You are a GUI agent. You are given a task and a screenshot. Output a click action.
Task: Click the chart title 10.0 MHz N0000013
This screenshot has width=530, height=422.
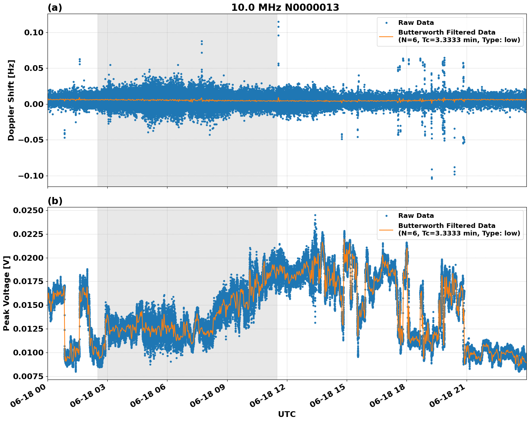click(x=285, y=8)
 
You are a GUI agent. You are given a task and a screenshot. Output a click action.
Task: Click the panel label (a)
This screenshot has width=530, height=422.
click(x=55, y=8)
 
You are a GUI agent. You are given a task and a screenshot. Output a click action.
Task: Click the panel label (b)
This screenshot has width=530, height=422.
click(x=55, y=201)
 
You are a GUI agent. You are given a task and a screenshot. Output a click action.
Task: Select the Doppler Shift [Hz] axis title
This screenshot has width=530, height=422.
click(x=11, y=100)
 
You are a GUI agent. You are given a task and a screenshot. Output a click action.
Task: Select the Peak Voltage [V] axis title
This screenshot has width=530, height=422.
click(x=6, y=293)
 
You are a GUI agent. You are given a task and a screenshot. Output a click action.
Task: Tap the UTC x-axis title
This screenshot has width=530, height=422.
click(x=287, y=414)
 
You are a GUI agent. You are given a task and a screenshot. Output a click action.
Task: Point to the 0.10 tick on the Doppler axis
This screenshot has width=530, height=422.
click(x=33, y=32)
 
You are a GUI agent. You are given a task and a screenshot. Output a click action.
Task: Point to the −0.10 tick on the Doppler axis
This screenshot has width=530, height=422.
click(x=30, y=176)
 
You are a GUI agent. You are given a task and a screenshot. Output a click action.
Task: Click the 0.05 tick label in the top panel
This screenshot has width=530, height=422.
click(x=33, y=68)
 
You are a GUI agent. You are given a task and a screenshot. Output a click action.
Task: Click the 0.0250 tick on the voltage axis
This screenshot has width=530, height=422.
click(x=28, y=210)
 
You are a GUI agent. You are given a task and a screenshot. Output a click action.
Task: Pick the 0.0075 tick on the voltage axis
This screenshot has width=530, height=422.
click(x=28, y=376)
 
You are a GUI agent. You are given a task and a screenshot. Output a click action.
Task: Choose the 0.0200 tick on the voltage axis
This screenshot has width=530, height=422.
click(x=28, y=258)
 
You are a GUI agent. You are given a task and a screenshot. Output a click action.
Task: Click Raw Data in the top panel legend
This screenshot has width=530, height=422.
click(x=416, y=23)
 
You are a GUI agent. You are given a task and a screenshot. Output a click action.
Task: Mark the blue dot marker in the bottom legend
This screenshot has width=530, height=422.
click(x=386, y=216)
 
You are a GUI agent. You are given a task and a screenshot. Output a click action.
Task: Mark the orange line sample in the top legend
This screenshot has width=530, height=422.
click(x=386, y=36)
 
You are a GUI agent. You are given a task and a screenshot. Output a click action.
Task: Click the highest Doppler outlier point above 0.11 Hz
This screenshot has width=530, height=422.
click(x=278, y=22)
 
